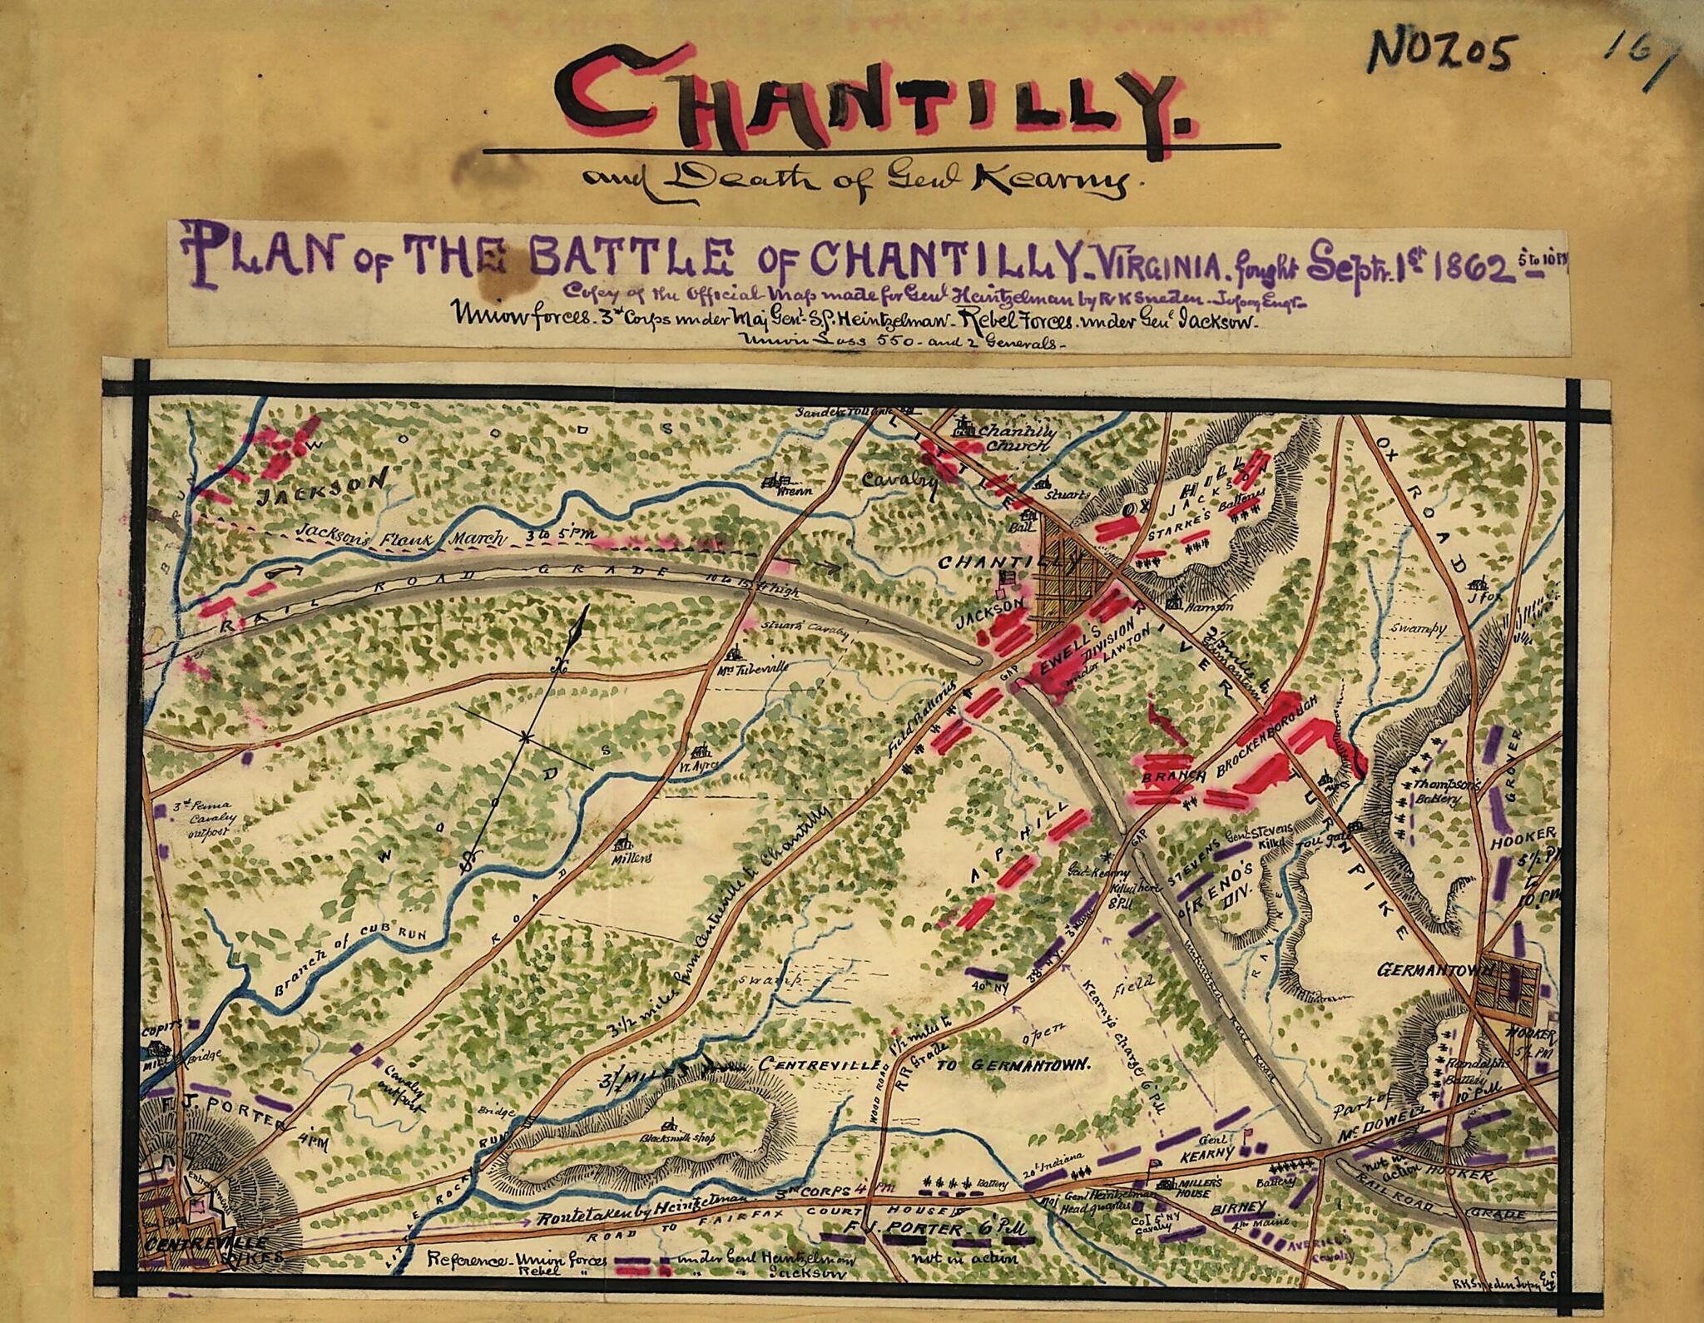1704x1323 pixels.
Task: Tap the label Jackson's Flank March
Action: coord(399,537)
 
